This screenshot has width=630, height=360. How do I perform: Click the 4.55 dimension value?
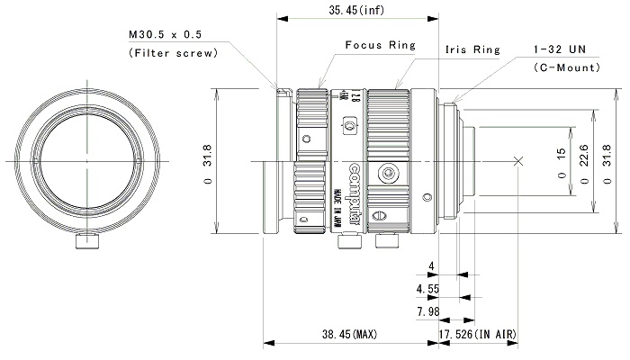[x=428, y=290]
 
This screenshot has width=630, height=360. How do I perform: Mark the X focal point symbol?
[x=517, y=161]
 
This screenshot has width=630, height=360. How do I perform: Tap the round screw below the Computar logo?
[x=389, y=171]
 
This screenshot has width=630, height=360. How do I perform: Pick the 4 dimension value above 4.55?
[x=432, y=267]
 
